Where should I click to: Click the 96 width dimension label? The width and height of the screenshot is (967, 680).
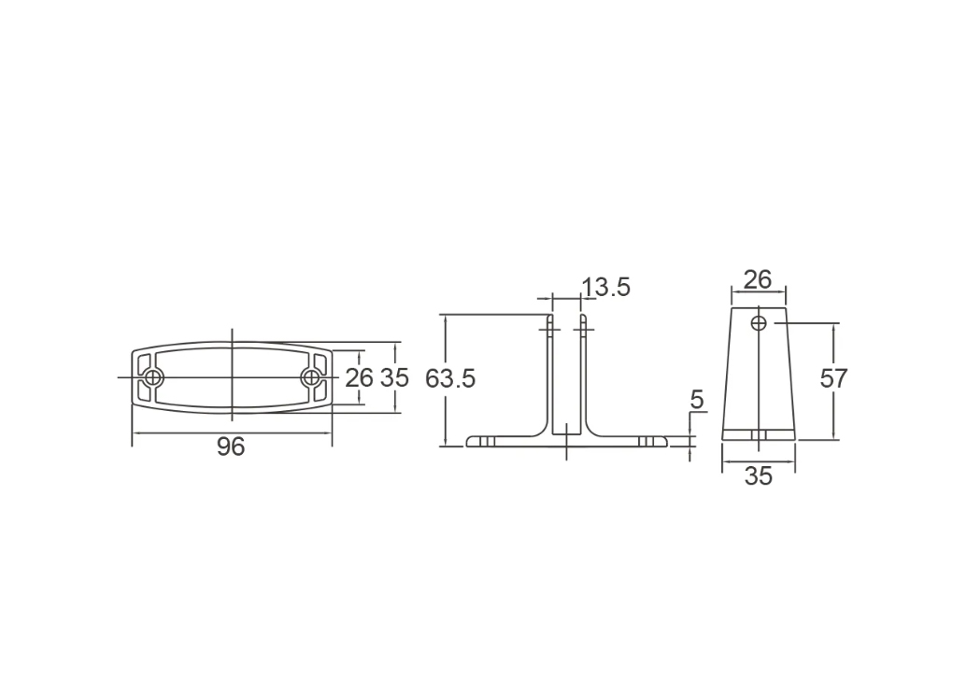[x=231, y=446]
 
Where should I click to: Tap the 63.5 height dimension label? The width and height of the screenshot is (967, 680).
[x=450, y=378]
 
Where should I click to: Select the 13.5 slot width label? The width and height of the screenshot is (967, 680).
[x=605, y=288]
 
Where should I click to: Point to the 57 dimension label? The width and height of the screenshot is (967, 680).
[x=833, y=378]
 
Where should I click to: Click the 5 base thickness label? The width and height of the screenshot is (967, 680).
[x=696, y=400]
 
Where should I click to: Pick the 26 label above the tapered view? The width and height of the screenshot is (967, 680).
[x=758, y=280]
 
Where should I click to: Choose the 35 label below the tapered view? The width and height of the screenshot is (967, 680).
[x=758, y=476]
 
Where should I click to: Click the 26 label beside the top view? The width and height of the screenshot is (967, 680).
[x=359, y=378]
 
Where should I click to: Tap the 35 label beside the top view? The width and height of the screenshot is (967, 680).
[x=394, y=378]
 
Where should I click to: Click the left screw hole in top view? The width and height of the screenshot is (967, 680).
[x=152, y=377]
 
